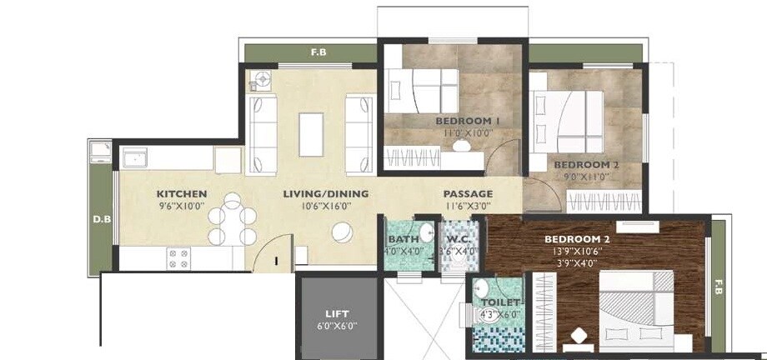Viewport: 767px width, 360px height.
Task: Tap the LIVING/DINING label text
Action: pos(325,194)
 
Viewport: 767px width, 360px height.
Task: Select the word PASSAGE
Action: pos(468,194)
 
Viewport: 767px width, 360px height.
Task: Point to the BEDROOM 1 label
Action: pos(467,122)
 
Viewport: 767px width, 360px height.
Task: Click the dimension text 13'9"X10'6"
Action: pos(577,251)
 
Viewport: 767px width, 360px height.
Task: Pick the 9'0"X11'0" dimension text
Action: pos(587,177)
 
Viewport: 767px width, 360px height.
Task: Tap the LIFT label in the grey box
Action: pos(336,313)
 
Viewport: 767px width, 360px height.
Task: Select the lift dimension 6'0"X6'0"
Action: pos(336,326)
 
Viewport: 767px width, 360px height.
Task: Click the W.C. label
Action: pos(458,238)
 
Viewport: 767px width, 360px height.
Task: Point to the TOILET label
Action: pos(500,302)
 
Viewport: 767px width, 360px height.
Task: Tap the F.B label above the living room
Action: pos(318,52)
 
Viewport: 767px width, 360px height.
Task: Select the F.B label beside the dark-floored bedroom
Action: pos(716,290)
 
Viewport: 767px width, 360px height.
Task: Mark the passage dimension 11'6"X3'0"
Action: pos(468,206)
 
